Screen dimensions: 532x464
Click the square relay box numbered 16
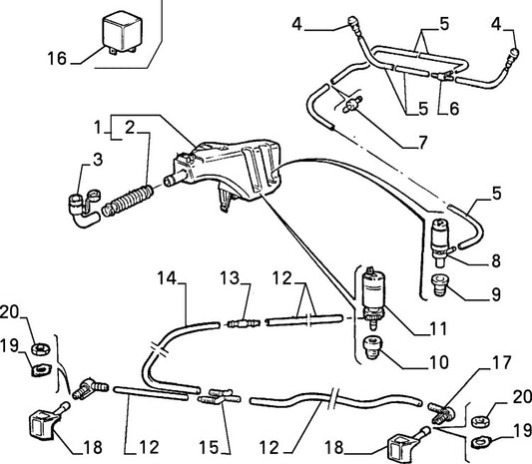(122, 32)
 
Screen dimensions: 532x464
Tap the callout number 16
(57, 58)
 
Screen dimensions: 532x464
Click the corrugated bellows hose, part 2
(128, 201)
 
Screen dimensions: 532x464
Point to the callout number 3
(98, 160)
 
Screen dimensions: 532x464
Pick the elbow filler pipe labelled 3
(84, 208)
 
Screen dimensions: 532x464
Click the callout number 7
(422, 143)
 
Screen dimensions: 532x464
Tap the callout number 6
(454, 109)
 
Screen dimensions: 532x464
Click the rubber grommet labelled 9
(440, 285)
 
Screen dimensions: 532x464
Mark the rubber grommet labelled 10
(372, 347)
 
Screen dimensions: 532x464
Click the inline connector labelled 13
(244, 323)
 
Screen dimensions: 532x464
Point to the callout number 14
(167, 278)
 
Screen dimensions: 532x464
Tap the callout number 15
(209, 447)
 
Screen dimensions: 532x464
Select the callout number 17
(501, 362)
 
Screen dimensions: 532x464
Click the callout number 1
(98, 128)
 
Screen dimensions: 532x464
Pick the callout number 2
(130, 128)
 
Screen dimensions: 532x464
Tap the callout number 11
(438, 328)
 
